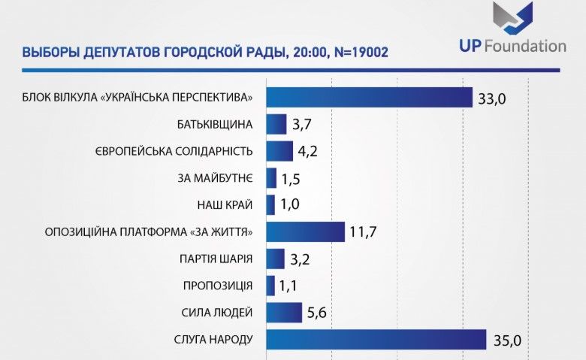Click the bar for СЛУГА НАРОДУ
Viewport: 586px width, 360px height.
coord(376,340)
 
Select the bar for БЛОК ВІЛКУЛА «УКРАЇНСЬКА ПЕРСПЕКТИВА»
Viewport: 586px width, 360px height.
coord(369,98)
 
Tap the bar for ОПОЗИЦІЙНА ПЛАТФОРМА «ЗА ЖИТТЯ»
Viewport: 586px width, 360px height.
coord(305,232)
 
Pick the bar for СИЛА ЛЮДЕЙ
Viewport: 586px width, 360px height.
coord(283,312)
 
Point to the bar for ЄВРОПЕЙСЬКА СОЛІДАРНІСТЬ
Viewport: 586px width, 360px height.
coord(279,151)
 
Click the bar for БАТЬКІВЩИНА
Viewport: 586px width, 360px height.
coord(276,124)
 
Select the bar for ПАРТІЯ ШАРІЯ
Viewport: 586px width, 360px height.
coord(276,259)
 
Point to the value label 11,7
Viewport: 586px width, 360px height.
coord(362,232)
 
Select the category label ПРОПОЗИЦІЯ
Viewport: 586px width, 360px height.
coord(218,286)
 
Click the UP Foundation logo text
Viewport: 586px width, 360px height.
coord(512,47)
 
